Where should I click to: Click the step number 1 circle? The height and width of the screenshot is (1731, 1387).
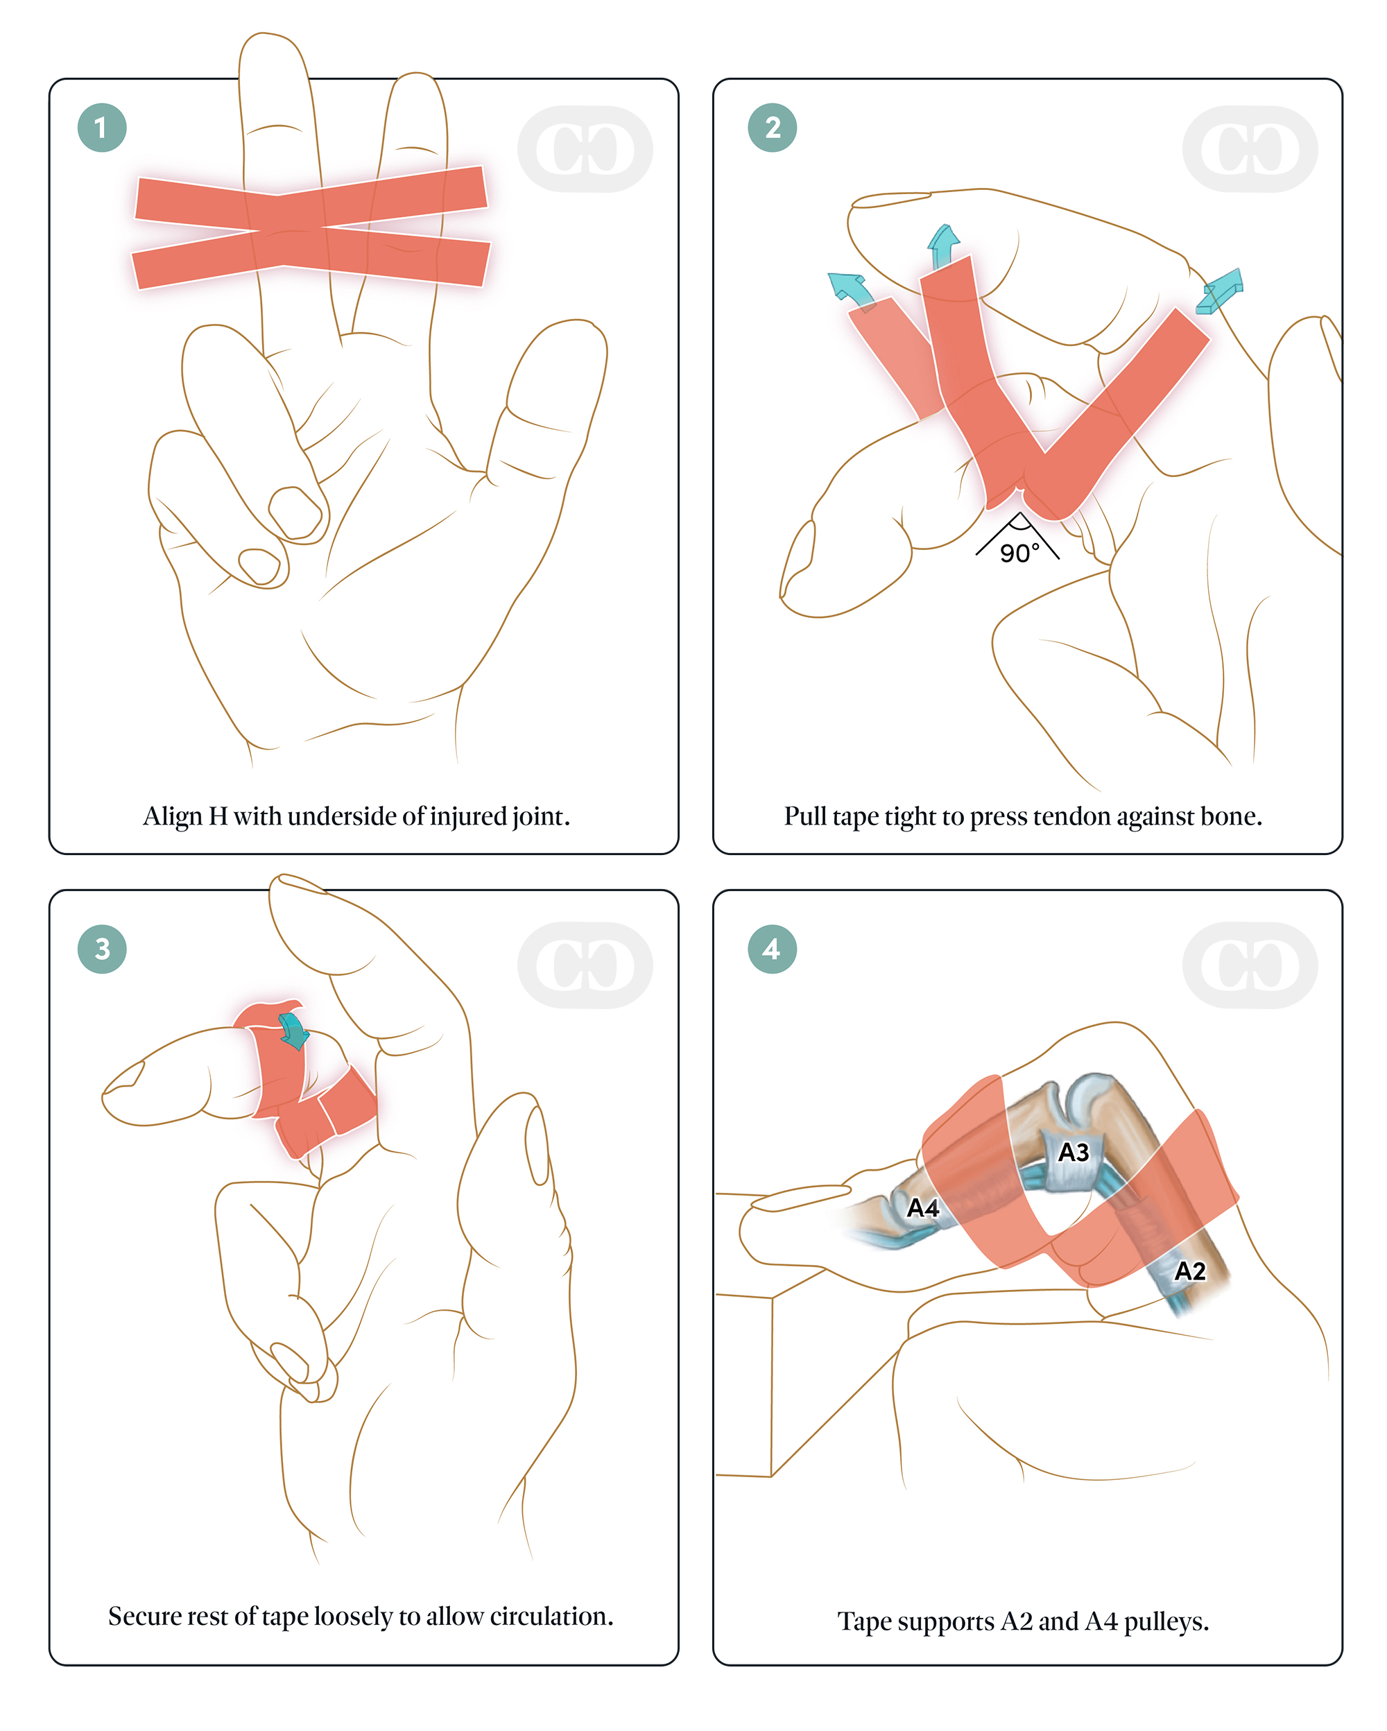coord(102,128)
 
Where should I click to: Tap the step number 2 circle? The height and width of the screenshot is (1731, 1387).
coord(772,128)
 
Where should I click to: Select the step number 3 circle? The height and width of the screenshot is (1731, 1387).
coord(102,949)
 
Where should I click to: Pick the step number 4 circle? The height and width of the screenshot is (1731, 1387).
coord(772,949)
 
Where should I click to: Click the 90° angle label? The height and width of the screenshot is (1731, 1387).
coord(1019,553)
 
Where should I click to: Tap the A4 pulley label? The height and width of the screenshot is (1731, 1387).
coord(923,1207)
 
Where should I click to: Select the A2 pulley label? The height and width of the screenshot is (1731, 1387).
coord(1189,1271)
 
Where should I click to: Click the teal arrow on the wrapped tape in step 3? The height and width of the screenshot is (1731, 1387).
coord(294,1031)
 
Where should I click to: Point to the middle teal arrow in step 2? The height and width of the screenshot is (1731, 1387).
coord(942,246)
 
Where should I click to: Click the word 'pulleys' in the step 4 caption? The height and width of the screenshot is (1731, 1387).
coord(1164,1623)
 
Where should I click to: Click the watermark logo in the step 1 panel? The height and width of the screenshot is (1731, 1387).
coord(585,149)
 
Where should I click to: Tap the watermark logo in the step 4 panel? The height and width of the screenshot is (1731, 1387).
coord(1250,965)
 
